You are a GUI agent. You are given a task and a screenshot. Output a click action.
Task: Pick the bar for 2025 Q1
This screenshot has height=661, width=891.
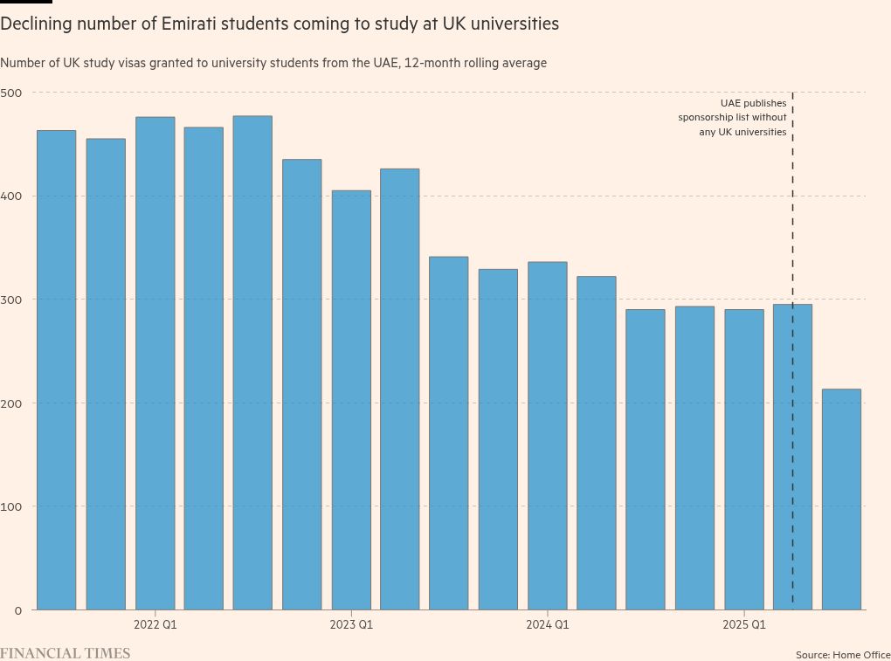(x=744, y=458)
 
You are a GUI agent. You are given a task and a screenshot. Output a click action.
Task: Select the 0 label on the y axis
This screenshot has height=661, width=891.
(x=17, y=609)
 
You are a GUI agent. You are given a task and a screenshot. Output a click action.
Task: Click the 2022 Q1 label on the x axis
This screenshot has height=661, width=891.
(x=155, y=625)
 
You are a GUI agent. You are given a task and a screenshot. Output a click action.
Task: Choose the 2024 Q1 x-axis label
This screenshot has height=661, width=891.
(x=548, y=625)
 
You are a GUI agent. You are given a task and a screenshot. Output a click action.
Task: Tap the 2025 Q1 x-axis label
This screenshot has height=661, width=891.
(x=744, y=625)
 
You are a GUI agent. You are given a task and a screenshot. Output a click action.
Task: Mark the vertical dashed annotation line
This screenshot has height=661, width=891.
(x=792, y=218)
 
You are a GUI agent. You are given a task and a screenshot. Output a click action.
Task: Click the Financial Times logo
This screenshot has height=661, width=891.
(x=65, y=653)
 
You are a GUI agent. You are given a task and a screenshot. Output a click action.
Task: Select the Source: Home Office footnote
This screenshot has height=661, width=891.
(x=842, y=654)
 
